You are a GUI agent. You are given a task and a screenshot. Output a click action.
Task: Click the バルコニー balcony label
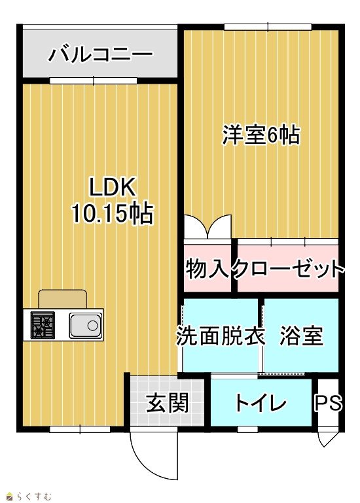point(100,54)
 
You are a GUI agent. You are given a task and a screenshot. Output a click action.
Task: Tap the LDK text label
point(112,187)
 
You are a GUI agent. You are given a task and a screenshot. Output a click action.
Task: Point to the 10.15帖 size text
point(112,213)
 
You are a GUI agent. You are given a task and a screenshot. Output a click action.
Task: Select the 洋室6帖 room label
point(261,135)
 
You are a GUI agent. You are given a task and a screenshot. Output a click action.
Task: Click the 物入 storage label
point(207,269)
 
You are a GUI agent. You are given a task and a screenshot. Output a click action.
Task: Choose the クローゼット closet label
point(288,269)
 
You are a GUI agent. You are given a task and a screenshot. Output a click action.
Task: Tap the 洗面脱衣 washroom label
point(221,336)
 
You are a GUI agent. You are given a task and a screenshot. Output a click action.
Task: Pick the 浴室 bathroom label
point(301,336)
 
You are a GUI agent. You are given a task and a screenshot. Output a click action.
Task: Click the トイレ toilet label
point(261,402)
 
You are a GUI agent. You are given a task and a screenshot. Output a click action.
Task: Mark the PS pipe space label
point(328,402)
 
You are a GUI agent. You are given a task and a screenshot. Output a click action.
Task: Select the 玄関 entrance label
point(168,402)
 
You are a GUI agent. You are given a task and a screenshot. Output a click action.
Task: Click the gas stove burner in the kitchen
point(43,325)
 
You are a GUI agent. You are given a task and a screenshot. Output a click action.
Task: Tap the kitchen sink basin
point(86,325)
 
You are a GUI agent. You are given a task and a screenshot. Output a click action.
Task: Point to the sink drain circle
point(92,326)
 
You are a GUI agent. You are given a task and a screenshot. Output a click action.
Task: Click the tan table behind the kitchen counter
point(63,299)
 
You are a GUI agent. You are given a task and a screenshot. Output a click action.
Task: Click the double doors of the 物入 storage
point(207,227)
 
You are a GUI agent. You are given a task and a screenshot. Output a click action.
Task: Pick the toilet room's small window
point(247,429)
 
